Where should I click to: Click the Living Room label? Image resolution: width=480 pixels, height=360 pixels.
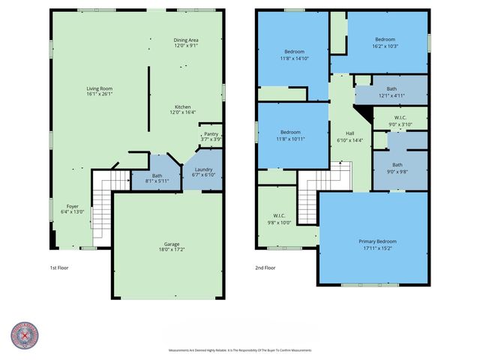100,91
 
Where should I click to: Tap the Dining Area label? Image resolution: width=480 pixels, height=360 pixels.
186,43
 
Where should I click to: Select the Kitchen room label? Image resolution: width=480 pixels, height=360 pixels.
183,109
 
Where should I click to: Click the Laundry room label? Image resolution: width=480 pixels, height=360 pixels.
203,172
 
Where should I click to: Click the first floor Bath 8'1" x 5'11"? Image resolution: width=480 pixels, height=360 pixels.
157,178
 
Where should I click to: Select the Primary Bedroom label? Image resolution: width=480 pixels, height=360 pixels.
373,244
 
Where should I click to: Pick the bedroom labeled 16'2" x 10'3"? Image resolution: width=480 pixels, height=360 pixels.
385,43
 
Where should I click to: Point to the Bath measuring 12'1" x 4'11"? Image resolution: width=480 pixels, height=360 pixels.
391,92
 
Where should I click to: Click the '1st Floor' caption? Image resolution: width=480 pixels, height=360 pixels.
59,268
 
